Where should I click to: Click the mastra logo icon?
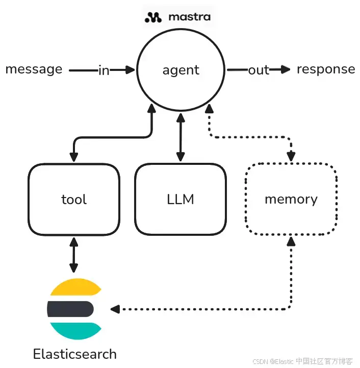pos(153,17)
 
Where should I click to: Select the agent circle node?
pos(181,70)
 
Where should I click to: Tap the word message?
pos(34,69)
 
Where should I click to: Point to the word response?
pos(326,69)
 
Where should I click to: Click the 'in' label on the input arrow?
pos(104,70)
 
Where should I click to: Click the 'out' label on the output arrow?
pos(259,70)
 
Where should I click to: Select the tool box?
pos(74,199)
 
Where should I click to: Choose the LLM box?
pos(181,199)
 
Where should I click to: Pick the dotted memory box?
pos(291,199)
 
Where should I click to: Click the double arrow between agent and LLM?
pos(179,138)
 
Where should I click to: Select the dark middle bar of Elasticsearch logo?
pos(70,309)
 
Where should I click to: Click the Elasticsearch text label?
pos(74,354)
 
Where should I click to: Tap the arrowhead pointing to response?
pos(285,69)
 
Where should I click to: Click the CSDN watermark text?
pos(302,361)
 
